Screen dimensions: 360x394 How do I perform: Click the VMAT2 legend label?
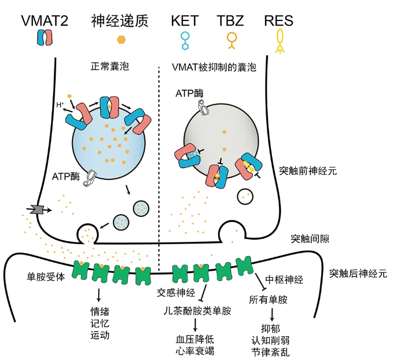44,21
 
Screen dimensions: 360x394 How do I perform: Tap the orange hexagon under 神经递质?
121,40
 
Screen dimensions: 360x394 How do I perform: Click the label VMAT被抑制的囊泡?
214,67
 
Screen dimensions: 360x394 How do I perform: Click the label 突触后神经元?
358,273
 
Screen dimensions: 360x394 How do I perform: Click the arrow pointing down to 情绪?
99,295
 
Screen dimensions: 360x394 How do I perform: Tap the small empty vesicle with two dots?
246,196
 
